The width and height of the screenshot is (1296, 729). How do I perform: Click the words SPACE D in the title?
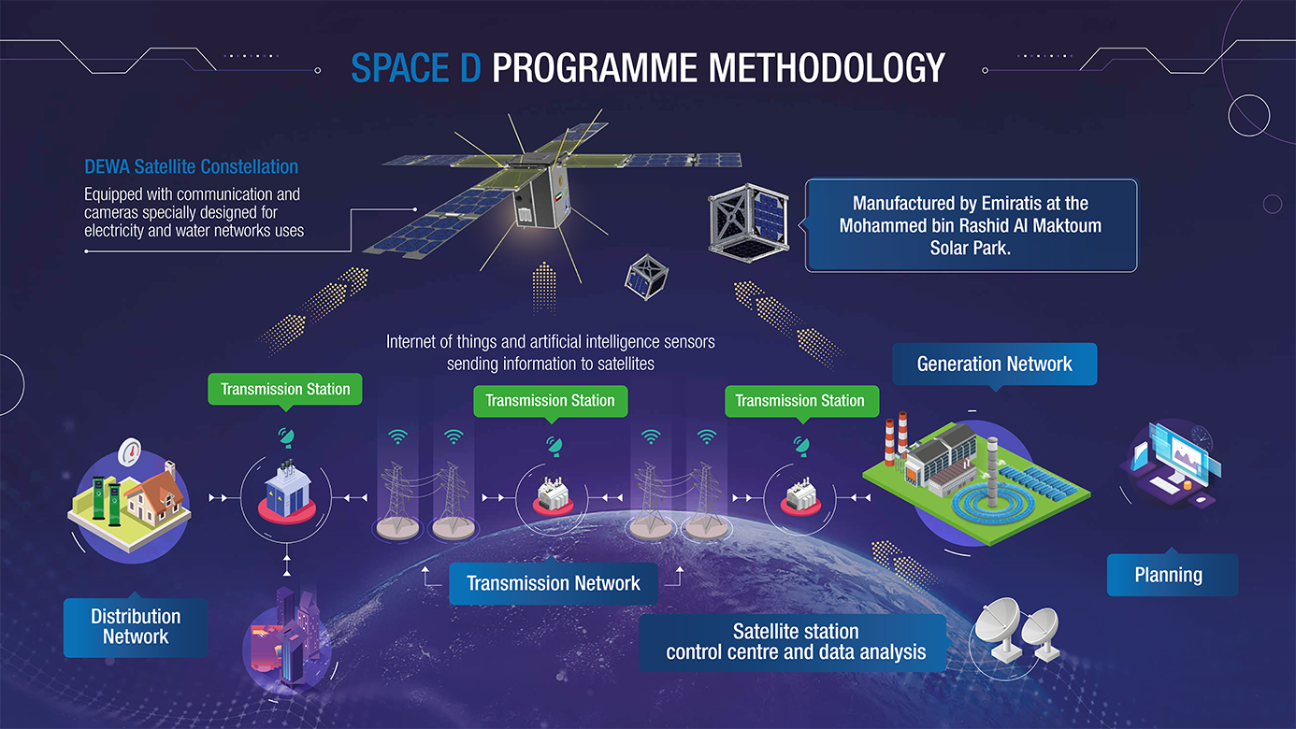(415, 68)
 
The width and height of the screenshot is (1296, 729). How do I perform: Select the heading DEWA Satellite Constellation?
(191, 167)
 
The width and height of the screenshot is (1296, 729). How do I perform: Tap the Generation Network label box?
(994, 364)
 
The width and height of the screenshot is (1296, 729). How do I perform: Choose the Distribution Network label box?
(136, 627)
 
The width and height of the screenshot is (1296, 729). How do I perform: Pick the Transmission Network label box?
(553, 584)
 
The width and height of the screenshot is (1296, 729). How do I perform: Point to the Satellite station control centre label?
(795, 642)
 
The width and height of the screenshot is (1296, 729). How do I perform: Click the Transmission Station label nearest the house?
(285, 389)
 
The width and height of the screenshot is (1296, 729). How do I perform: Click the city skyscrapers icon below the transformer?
(285, 636)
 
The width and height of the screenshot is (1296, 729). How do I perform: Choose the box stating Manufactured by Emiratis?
(971, 226)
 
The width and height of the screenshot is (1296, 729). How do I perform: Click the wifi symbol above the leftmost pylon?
(399, 436)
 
